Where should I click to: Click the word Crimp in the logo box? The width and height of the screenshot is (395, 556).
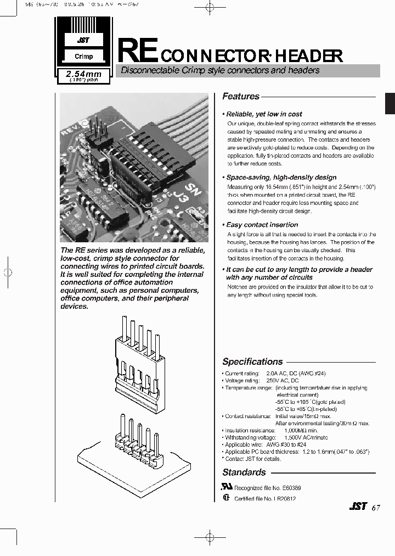[84, 56]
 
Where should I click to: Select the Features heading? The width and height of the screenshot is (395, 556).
[241, 97]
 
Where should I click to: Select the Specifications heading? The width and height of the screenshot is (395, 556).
[252, 362]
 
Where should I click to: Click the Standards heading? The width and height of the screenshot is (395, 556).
[244, 472]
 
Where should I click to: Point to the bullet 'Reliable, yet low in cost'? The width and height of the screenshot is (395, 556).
[264, 114]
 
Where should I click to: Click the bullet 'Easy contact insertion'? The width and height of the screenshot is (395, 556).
[262, 225]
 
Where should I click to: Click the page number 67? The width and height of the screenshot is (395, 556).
[375, 508]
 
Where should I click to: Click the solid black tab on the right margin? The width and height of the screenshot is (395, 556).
[390, 103]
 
